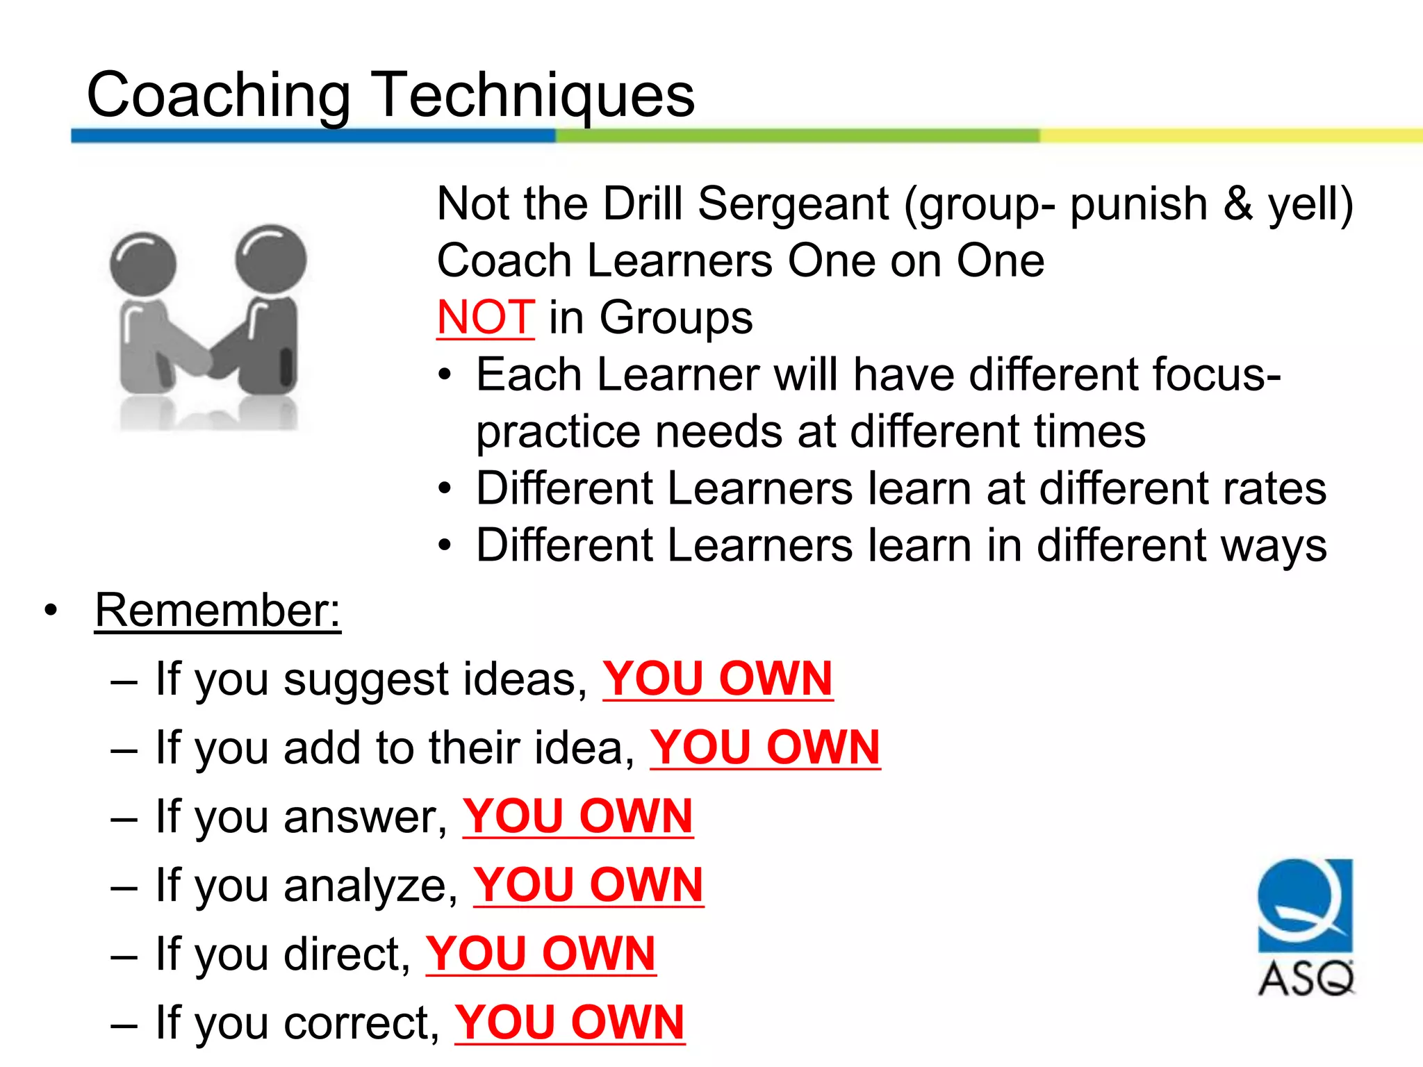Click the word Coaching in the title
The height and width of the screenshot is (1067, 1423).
(x=218, y=95)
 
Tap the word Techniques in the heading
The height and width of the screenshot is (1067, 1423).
(x=534, y=95)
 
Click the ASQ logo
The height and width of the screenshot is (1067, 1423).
(x=1306, y=927)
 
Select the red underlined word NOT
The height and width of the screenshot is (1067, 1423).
(x=485, y=317)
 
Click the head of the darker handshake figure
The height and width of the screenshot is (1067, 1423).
(x=271, y=258)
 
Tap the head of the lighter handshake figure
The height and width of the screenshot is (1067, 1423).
(x=143, y=265)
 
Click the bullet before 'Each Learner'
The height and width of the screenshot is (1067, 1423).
(x=445, y=376)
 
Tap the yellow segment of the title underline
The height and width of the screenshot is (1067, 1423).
(x=1230, y=135)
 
